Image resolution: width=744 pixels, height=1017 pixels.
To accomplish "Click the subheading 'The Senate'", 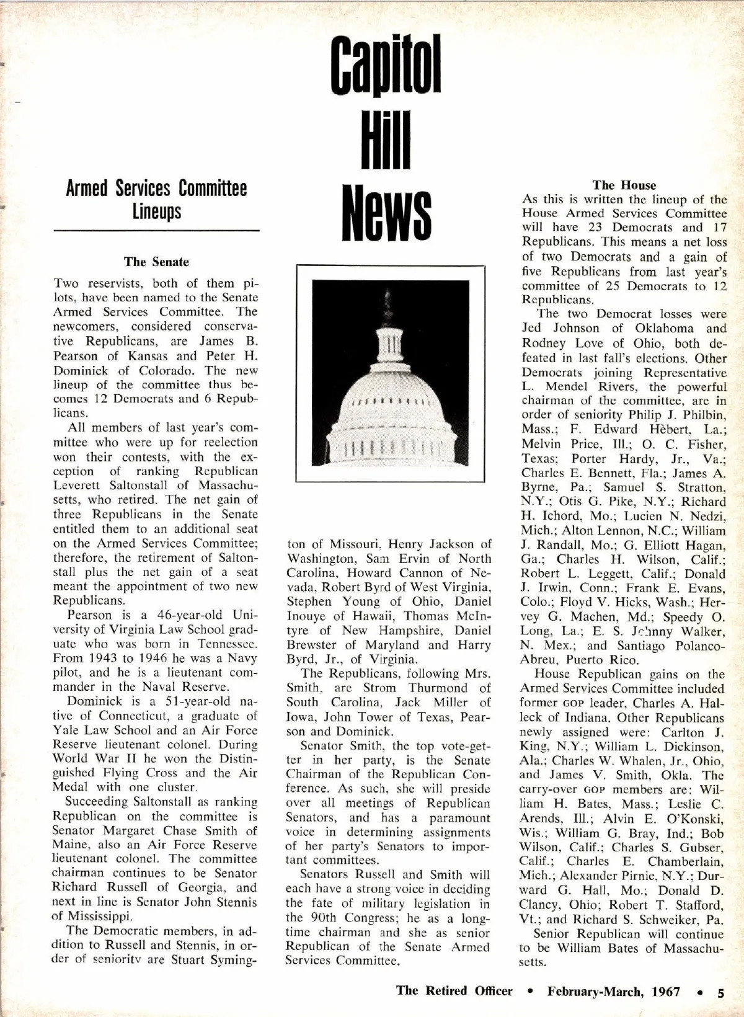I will [156, 262].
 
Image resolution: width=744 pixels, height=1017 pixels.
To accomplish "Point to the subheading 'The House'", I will [624, 185].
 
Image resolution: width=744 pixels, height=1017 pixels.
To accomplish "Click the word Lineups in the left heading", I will [156, 212].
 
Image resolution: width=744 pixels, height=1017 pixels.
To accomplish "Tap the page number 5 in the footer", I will [720, 992].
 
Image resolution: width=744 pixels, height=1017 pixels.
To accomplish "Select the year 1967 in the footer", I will [666, 992].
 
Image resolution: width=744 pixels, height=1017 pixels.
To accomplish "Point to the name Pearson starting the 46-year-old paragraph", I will [91, 615].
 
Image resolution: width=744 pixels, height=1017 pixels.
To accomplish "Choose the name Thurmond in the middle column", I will [438, 688].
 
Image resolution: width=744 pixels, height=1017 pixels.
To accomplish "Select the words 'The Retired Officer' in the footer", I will [454, 991].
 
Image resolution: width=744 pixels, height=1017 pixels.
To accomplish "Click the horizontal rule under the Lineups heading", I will [156, 231].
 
